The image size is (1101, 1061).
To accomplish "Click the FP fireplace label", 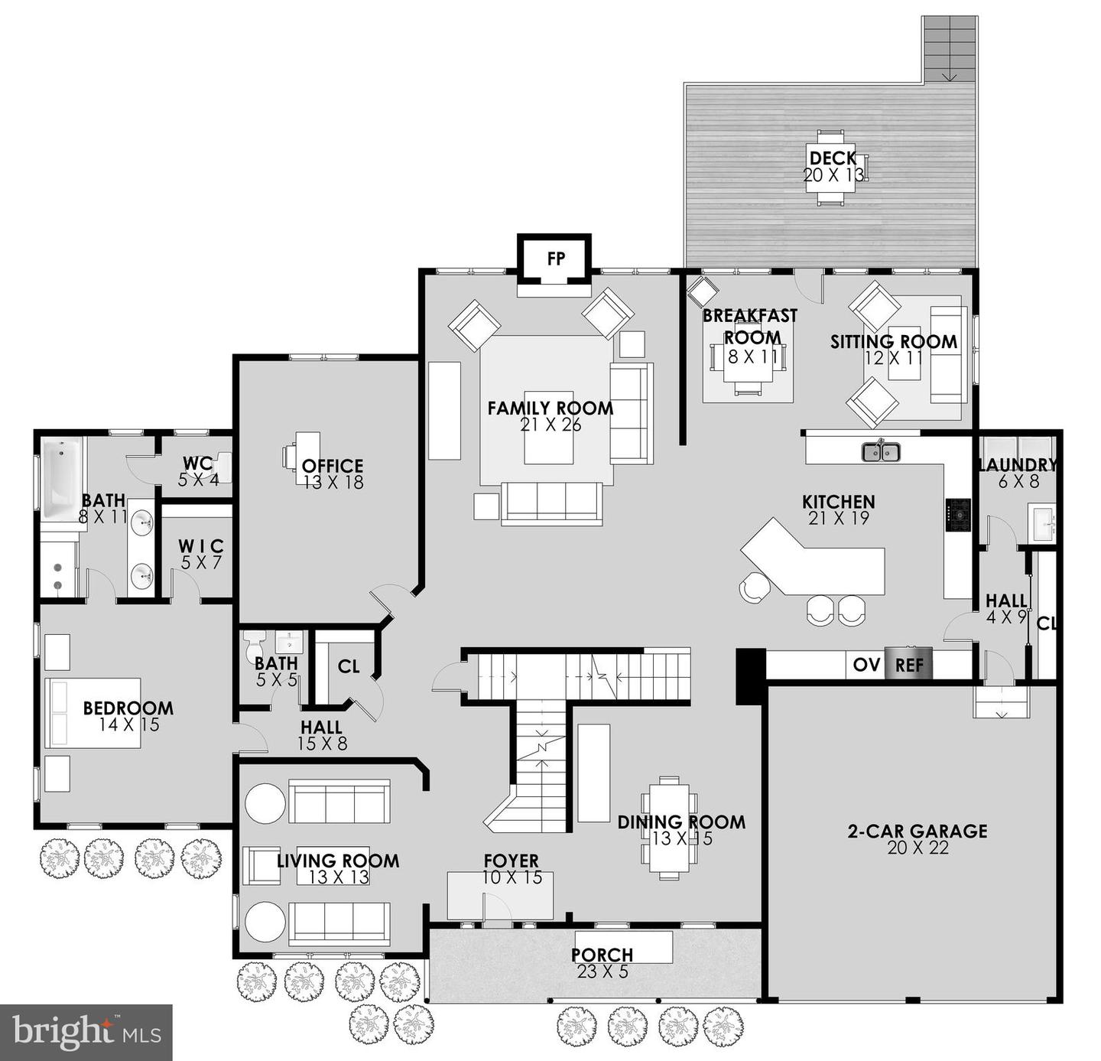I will point(556,259).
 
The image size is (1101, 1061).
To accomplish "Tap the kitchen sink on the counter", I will point(882,452).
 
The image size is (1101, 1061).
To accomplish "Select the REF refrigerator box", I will point(908,665).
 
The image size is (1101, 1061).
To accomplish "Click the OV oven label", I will point(866,665).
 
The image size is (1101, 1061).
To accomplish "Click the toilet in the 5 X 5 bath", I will point(254,648).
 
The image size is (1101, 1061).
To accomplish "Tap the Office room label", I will point(333,466).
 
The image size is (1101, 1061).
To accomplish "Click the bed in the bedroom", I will point(92,712).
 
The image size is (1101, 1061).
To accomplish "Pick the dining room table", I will point(669,827).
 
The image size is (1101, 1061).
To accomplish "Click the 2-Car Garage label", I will point(917,831).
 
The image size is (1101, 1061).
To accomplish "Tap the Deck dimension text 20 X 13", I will point(833,175).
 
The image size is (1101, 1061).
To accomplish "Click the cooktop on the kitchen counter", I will point(958,516).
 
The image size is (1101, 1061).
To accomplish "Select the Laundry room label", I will point(1018,465).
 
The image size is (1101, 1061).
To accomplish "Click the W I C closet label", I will point(201,546).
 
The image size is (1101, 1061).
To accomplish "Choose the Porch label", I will point(602,955).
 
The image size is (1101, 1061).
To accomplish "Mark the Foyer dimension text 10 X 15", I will point(512,877).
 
